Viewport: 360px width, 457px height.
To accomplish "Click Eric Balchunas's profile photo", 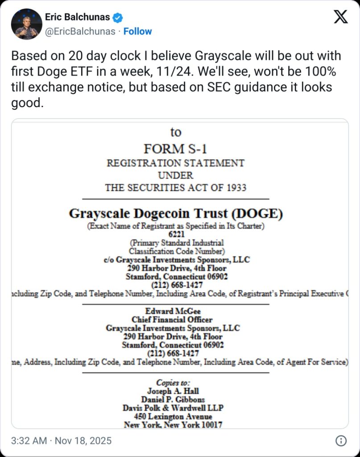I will pos(26,24).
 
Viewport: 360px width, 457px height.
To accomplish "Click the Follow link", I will pos(137,31).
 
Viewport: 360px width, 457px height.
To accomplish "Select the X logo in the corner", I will pos(341,17).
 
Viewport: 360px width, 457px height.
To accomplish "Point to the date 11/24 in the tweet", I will pos(217,71).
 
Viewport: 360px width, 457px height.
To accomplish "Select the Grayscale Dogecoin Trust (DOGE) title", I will pos(175,213).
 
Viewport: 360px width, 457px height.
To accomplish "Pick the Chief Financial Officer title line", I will pos(172,320).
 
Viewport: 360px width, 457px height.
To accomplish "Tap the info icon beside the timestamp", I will pos(341,441).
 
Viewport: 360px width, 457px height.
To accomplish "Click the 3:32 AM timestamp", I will pos(29,441).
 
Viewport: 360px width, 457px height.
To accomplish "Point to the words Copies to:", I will pos(173,382).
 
